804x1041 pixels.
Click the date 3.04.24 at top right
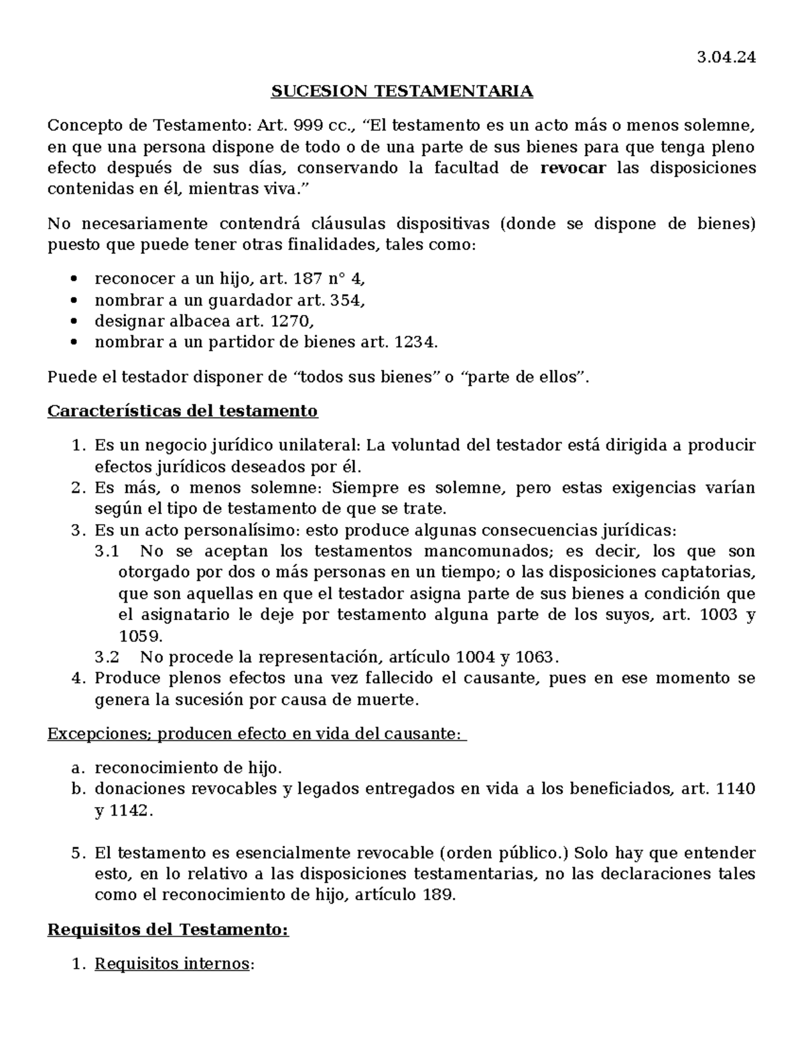[726, 58]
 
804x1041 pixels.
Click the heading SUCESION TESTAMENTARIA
[401, 91]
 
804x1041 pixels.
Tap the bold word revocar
[572, 168]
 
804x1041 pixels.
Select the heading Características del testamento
[182, 411]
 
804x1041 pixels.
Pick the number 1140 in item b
[735, 790]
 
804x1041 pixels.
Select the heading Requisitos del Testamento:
[167, 930]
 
